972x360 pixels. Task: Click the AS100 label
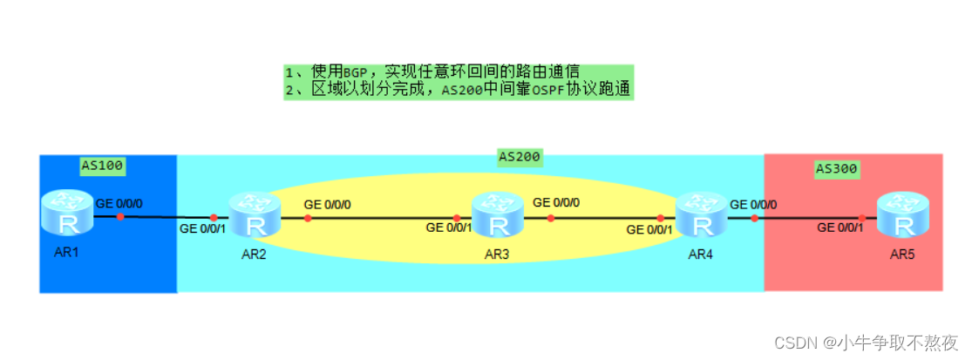[x=103, y=164]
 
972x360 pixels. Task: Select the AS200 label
[x=520, y=157]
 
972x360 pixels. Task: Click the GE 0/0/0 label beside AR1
[x=120, y=202]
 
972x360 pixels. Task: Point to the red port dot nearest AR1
[x=120, y=216]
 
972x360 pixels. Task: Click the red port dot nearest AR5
[x=861, y=218]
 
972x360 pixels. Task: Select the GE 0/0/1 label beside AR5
[x=840, y=228]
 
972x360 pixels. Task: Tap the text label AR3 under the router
[x=498, y=255]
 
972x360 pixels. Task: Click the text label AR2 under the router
[x=255, y=255]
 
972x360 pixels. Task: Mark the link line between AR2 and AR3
[x=384, y=218]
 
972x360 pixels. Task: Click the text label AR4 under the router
[x=701, y=255]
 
